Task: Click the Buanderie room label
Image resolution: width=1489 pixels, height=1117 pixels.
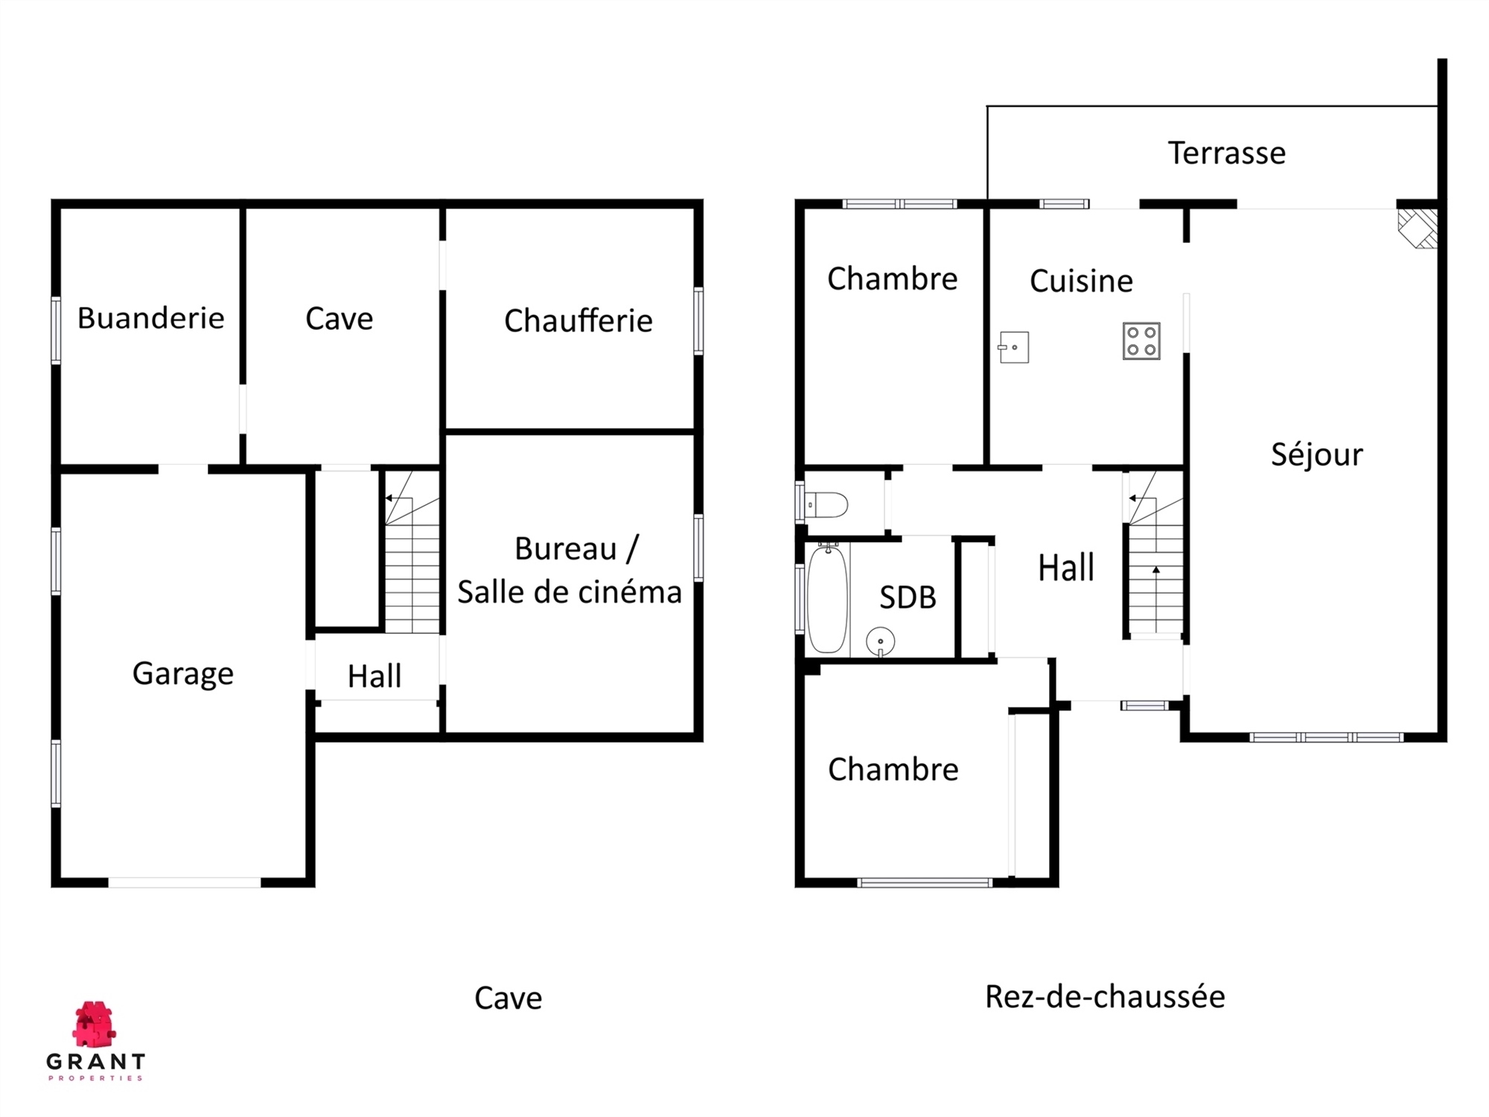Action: pos(150,318)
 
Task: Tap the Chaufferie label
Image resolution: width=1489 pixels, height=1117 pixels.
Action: pos(578,321)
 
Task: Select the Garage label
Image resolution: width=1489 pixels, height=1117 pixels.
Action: pos(183,674)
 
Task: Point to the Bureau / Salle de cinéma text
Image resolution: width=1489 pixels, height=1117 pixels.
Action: pos(570,570)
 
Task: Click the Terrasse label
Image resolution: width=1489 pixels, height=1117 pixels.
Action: pos(1227,153)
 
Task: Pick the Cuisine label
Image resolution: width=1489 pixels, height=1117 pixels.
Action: pos(1081,281)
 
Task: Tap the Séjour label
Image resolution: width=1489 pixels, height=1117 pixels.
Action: pos(1317,454)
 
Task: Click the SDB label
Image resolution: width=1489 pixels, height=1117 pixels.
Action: pos(908,597)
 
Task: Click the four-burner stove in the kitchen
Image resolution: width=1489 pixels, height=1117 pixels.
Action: pos(1141,341)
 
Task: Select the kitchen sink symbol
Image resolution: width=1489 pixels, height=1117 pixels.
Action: pos(1013,348)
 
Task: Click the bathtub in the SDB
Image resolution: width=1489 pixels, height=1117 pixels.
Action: pos(827,599)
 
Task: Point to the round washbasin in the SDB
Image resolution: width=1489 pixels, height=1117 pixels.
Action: pos(880,641)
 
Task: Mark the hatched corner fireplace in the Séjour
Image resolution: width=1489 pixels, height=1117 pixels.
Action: pos(1418,228)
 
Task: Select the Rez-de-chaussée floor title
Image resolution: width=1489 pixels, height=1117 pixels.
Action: pos(1105,996)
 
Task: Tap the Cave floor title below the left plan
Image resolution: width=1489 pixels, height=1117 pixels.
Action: pos(508,999)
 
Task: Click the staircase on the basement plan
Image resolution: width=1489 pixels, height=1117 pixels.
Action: pos(412,552)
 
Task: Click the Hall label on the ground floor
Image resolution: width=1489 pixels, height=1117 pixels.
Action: pos(1066,568)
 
